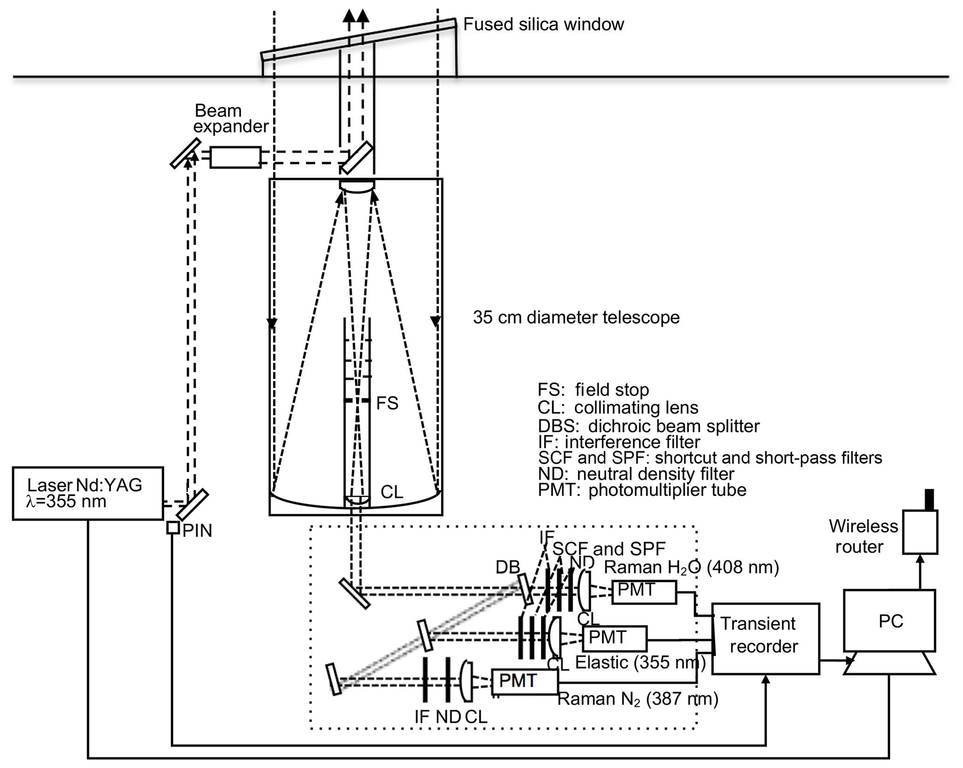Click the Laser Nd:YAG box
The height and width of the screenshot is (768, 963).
coord(88,493)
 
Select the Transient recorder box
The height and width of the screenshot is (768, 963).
coord(765,638)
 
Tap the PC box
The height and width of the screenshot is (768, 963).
coord(889,621)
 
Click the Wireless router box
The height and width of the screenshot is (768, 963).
coord(920,532)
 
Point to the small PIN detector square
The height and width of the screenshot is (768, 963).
coord(173,528)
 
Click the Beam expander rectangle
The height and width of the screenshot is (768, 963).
coord(235,157)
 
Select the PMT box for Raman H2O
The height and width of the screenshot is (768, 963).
coord(643,592)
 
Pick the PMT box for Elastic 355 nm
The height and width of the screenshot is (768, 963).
coord(615,638)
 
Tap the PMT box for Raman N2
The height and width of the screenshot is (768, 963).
coord(525,682)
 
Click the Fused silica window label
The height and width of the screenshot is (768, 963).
coord(543,24)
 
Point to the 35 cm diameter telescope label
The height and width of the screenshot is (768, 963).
coord(576,317)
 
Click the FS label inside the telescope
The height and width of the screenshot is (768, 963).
coord(387,403)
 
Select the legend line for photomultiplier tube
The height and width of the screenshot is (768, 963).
coord(642,490)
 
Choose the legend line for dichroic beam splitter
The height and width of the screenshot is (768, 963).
coord(649,426)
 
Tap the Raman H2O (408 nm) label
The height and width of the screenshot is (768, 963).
coord(691,567)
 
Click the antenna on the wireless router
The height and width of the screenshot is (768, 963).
coord(929,499)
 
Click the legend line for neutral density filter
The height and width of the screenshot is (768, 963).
coord(636,474)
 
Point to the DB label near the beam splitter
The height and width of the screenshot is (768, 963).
coord(507,567)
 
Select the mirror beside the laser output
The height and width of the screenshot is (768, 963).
coord(192,504)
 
